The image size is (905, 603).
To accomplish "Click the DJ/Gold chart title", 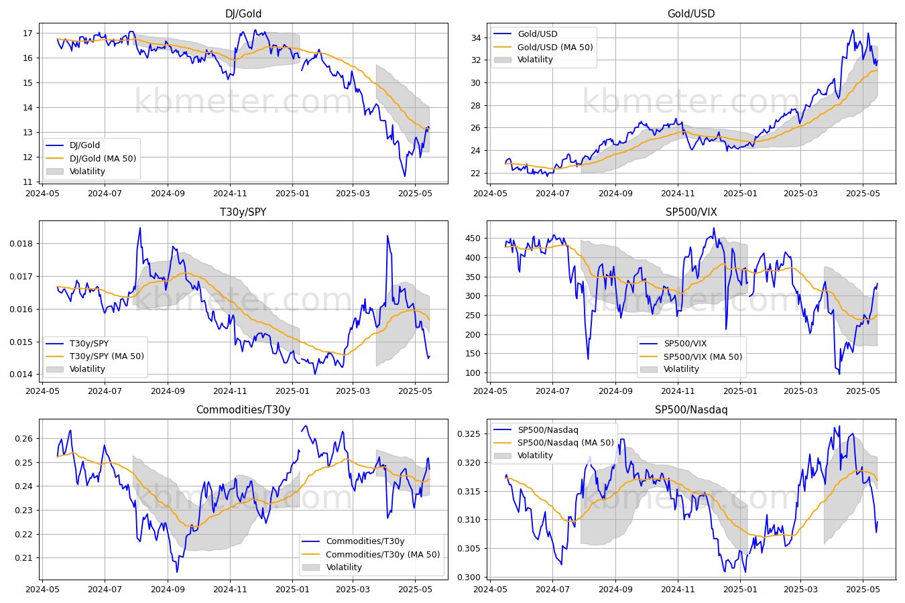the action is pos(243,13).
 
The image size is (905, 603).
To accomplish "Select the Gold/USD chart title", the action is pos(691,13).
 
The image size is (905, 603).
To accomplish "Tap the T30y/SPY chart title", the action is pos(243,212).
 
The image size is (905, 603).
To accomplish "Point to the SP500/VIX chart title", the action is pos(691,212).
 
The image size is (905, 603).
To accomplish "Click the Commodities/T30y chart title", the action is pos(243,410).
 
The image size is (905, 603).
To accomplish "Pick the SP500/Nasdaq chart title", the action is pos(691,410).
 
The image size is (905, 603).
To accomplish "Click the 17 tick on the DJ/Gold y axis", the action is pos(27,33).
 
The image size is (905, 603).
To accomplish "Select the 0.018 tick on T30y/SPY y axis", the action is pos(21,243).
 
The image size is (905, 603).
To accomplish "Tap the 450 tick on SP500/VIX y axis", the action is pos(473,239).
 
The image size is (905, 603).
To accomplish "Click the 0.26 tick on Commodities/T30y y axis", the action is pos(24,439).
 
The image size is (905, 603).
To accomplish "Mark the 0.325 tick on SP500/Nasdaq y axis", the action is pos(469,434).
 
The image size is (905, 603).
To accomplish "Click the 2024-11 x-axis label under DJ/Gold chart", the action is pos(230,194).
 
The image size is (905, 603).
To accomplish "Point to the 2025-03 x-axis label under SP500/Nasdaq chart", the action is pos(800,590).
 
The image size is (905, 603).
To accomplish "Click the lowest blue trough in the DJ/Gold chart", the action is pos(405,176).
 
